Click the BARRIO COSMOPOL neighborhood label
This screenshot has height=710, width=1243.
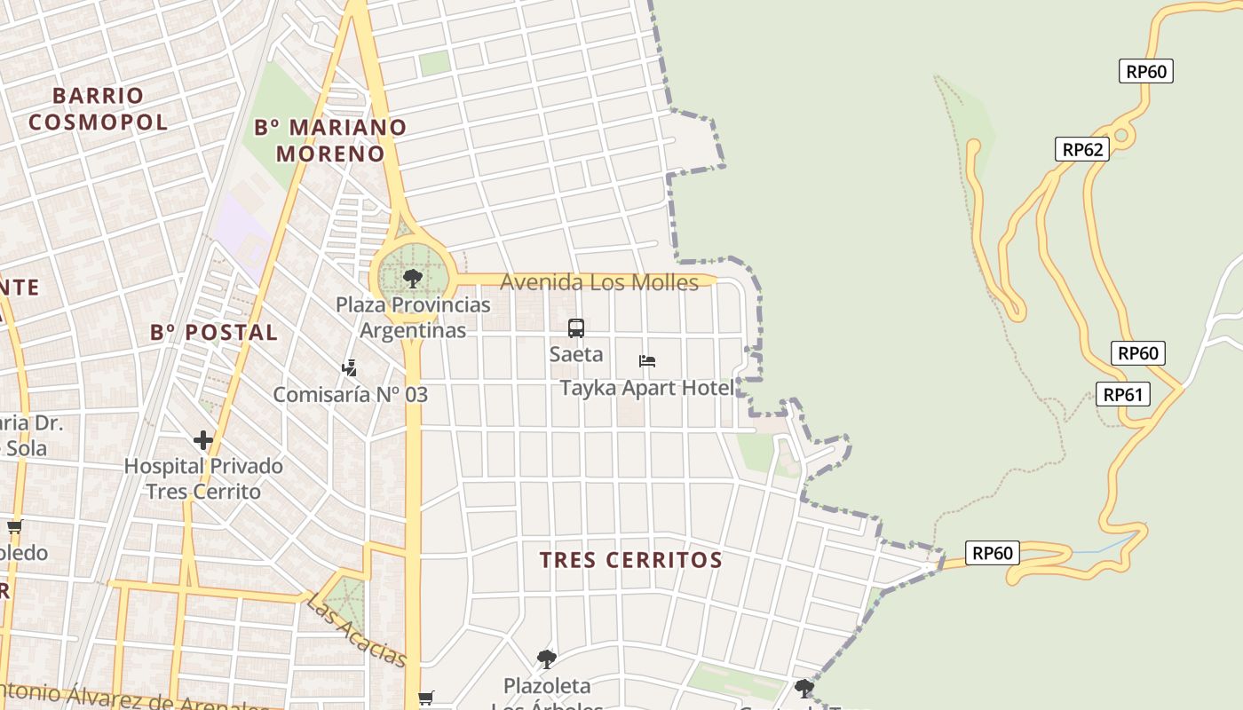pyautogui.click(x=98, y=108)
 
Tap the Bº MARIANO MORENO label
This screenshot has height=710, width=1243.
pyautogui.click(x=330, y=140)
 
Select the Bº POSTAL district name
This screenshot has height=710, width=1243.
pyautogui.click(x=214, y=333)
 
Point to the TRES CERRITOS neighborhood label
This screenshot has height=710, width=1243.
pyautogui.click(x=631, y=560)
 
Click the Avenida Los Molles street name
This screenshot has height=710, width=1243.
pyautogui.click(x=599, y=282)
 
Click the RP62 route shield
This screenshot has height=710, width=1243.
pyautogui.click(x=1082, y=149)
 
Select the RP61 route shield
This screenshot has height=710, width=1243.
pyautogui.click(x=1122, y=394)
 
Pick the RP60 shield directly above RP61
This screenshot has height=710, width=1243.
pyautogui.click(x=1138, y=353)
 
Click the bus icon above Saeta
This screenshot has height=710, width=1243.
pyautogui.click(x=576, y=328)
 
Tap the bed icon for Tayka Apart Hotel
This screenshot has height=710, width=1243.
pyautogui.click(x=647, y=361)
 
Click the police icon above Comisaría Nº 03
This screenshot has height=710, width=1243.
pyautogui.click(x=350, y=367)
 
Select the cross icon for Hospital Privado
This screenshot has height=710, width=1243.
pyautogui.click(x=203, y=439)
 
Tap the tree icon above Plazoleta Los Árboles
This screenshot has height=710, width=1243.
pyautogui.click(x=547, y=659)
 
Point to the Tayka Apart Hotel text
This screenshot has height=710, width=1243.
pyautogui.click(x=646, y=388)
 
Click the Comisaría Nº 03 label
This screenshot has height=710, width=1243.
pyautogui.click(x=350, y=395)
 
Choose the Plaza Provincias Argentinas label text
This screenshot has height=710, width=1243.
pyautogui.click(x=413, y=318)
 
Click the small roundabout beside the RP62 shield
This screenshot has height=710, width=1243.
pyautogui.click(x=1120, y=135)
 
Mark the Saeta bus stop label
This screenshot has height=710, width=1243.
pyautogui.click(x=576, y=355)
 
